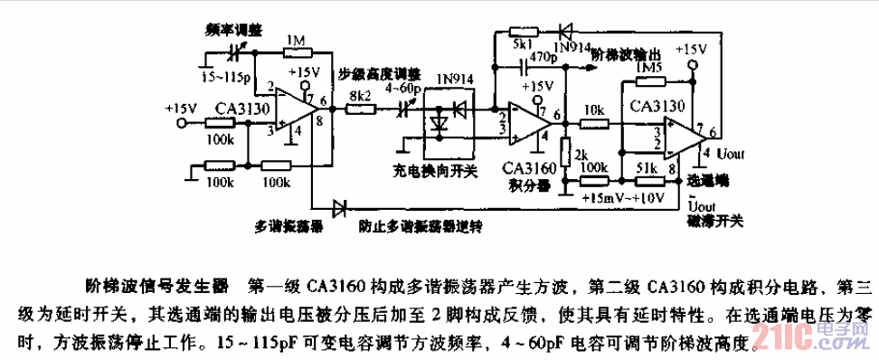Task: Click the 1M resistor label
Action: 295,41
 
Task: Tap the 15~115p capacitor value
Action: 227,71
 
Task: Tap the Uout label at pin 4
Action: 732,154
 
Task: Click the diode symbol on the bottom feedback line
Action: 341,208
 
